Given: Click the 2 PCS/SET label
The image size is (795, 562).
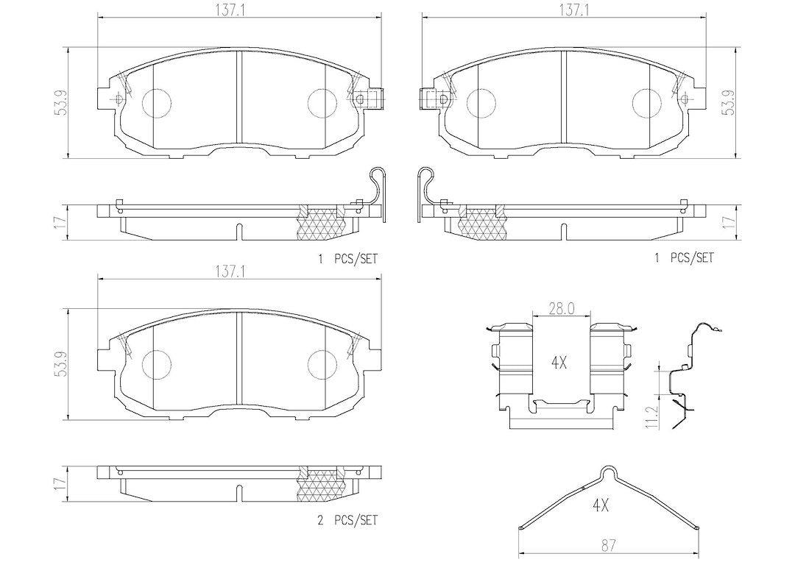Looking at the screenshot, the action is point(347,520).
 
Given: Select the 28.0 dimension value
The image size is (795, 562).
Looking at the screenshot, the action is point(561,309).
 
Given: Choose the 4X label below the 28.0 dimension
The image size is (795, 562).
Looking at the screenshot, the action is point(558,363).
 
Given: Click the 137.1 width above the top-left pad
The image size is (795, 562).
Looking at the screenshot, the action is point(239,10).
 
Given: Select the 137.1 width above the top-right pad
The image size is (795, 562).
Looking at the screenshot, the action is point(563,10).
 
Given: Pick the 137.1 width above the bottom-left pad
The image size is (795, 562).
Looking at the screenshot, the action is point(239,271).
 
